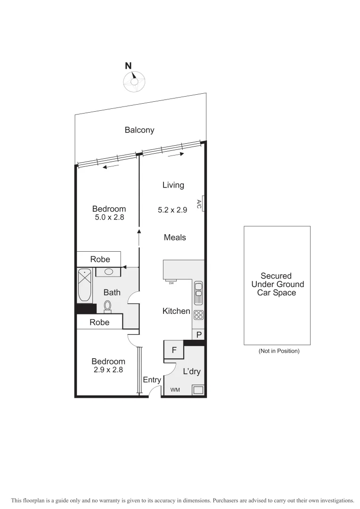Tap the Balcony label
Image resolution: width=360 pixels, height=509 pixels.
click(139, 130)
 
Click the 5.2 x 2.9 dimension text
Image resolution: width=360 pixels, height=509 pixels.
click(172, 210)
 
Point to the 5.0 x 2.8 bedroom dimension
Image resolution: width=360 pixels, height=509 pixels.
click(109, 218)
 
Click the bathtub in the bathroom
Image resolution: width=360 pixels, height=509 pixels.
click(85, 285)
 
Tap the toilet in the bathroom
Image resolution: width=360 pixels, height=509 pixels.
click(107, 306)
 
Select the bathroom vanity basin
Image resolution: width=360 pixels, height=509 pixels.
click(108, 272)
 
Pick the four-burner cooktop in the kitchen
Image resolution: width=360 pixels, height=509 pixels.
click(198, 316)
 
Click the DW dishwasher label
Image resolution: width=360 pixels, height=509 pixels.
click(171, 283)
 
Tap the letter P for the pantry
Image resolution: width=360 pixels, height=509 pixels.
click(199, 335)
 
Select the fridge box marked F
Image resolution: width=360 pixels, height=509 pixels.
click(174, 351)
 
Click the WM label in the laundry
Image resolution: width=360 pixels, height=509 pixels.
click(175, 390)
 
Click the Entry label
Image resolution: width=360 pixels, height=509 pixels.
click(152, 380)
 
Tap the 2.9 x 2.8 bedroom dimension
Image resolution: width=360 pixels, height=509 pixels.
click(109, 370)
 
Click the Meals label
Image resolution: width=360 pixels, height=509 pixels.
click(175, 238)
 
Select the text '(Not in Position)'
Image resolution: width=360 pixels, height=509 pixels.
click(279, 351)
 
